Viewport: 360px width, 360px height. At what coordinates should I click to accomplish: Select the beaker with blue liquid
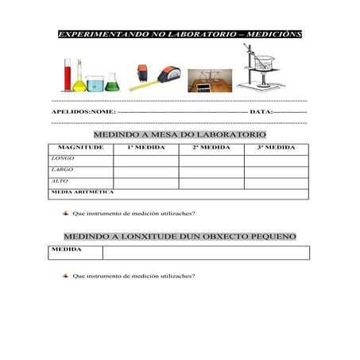click(95, 82)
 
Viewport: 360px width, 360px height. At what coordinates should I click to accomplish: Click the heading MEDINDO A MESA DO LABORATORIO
click(179, 135)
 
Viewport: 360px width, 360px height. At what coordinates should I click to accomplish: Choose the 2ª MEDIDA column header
click(211, 148)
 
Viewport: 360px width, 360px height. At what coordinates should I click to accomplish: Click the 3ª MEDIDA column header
click(276, 148)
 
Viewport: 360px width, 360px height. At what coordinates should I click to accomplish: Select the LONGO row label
click(63, 159)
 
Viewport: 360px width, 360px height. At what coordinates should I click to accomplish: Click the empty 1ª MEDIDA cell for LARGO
click(145, 171)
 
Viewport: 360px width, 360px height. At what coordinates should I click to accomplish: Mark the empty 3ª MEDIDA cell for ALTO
click(276, 182)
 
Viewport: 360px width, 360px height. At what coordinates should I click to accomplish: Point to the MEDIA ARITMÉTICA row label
click(82, 192)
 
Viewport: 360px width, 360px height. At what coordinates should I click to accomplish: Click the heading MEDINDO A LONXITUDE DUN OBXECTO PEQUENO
click(180, 237)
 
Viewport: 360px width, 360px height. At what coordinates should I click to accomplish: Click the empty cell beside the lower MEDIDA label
click(206, 253)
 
